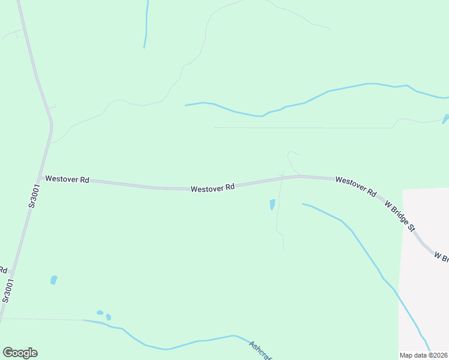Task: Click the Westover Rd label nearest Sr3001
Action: tap(67, 179)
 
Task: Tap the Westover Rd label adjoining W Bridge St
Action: tap(356, 187)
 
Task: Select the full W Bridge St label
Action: tap(400, 217)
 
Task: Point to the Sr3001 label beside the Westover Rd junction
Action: tap(34, 196)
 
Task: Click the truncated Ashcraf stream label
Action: tap(261, 350)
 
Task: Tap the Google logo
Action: tap(20, 353)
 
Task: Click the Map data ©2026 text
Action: tap(424, 355)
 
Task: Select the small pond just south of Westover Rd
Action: tap(273, 205)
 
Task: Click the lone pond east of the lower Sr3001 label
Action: tap(54, 280)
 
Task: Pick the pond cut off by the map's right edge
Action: tap(445, 118)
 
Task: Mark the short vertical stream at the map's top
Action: tap(146, 24)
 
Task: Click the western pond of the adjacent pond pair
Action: tap(100, 313)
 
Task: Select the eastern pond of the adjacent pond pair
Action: tap(109, 317)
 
